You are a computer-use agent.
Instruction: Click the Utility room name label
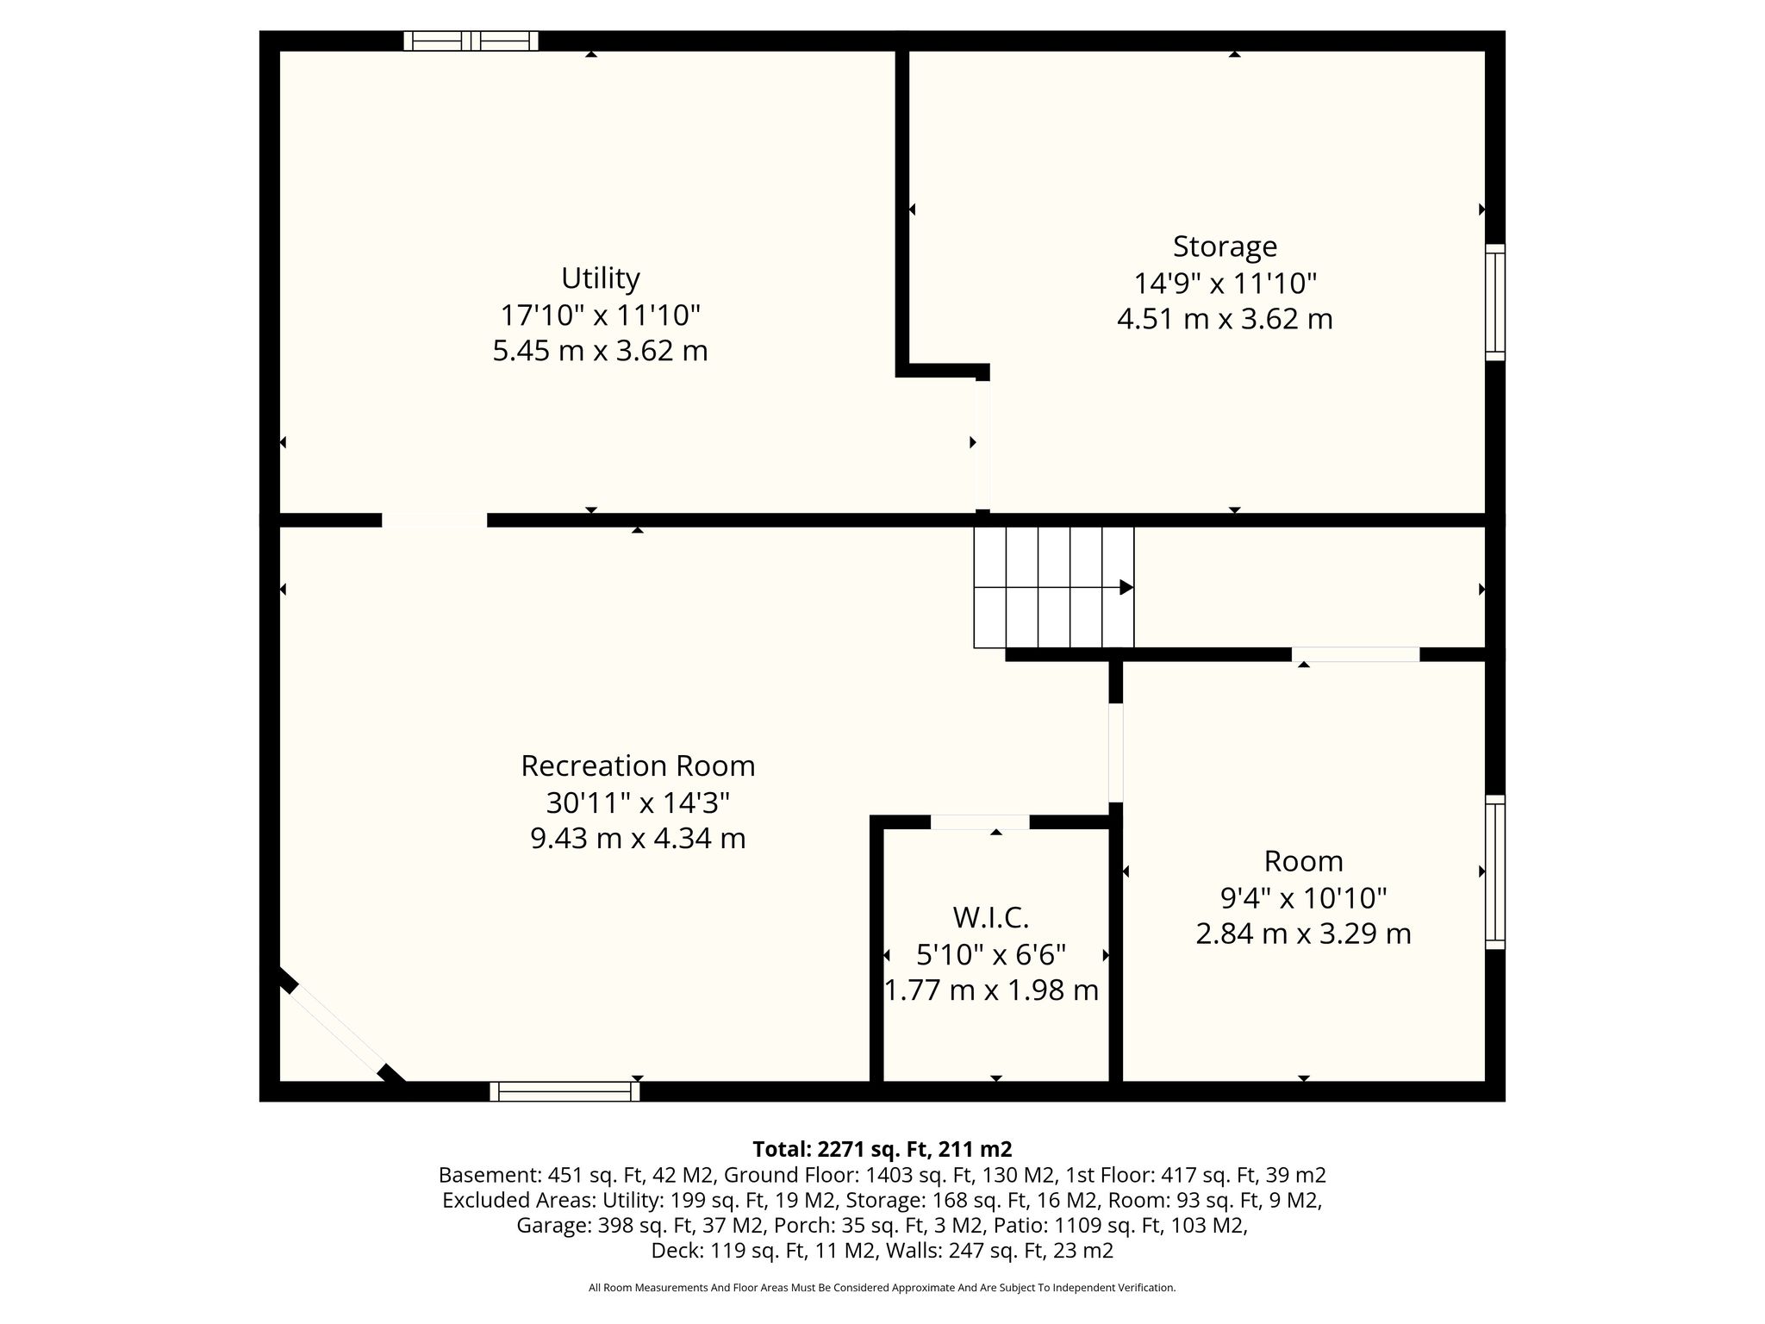click(x=601, y=278)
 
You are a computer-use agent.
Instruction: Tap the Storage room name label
click(x=1225, y=247)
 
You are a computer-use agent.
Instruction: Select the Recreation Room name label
click(x=638, y=765)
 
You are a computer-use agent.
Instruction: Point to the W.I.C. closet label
click(x=991, y=918)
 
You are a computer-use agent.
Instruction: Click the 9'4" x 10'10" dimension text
click(x=1303, y=898)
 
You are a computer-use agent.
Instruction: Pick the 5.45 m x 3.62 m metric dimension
click(x=601, y=351)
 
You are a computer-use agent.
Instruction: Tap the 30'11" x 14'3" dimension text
click(x=638, y=803)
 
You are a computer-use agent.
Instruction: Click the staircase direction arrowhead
click(x=1126, y=587)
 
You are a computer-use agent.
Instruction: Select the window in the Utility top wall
click(x=471, y=41)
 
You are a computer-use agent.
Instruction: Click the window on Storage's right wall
click(x=1495, y=303)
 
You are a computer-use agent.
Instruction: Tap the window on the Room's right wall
click(x=1495, y=871)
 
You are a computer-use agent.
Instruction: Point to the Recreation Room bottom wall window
click(x=564, y=1091)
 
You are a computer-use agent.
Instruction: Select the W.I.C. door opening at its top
click(x=980, y=821)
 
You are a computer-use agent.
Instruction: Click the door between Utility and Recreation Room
click(x=434, y=520)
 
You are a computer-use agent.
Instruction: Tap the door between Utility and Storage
click(x=982, y=445)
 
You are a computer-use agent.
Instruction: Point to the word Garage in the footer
click(x=546, y=1225)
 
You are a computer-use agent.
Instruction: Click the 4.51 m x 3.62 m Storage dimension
click(x=1225, y=319)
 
